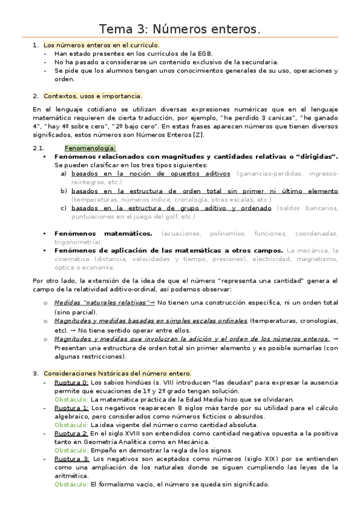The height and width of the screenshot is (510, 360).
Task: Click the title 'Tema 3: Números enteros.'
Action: coord(180,29)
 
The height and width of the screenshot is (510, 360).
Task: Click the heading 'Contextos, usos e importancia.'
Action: coord(93,96)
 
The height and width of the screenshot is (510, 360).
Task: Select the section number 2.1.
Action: coord(39,148)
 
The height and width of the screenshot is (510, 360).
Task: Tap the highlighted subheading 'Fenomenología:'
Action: coord(90,148)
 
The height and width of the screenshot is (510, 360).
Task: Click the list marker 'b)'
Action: coord(64,191)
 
